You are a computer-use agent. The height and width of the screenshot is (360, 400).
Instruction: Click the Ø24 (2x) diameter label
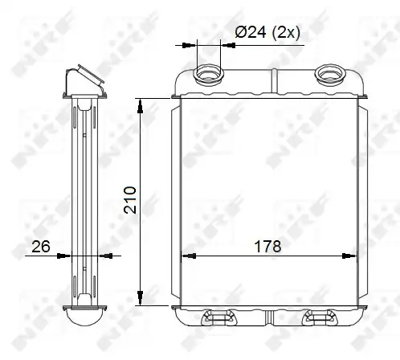point(267,33)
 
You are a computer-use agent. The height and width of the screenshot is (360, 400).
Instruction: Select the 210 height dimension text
point(130,200)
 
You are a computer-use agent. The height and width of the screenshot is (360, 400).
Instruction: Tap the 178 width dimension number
point(267,246)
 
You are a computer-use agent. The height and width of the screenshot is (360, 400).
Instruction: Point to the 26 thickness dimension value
point(41,246)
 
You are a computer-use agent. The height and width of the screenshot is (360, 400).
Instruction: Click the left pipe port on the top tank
point(208,74)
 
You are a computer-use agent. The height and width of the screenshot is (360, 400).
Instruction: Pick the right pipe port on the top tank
point(329,73)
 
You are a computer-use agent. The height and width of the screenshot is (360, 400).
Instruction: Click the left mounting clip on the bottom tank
point(218,317)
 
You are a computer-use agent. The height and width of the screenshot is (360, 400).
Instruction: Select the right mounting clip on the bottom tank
point(320,317)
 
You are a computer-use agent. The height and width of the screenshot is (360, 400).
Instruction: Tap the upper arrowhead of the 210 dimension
point(140,105)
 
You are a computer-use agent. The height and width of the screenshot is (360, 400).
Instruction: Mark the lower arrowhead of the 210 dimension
point(140,298)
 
